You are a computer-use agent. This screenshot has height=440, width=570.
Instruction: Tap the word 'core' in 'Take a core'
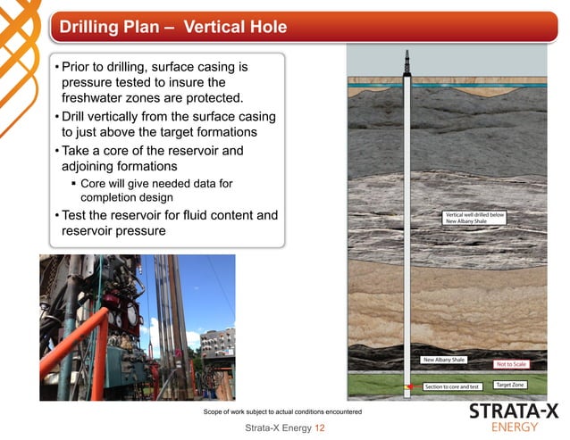(122, 151)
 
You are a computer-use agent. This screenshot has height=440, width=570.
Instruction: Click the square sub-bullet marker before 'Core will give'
(74, 184)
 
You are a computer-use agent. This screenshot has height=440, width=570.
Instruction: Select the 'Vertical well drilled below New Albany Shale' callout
(474, 219)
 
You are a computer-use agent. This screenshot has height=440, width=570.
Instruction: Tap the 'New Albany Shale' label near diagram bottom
(444, 360)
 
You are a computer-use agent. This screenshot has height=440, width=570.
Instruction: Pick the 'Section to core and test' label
(452, 386)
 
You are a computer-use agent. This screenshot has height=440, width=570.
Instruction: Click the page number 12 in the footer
(319, 428)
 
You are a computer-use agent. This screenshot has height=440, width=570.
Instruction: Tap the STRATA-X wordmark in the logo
(514, 411)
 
